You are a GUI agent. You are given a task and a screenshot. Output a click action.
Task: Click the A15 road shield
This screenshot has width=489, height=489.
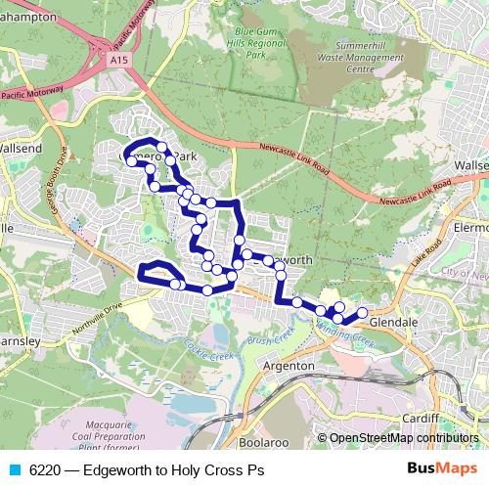(119, 60)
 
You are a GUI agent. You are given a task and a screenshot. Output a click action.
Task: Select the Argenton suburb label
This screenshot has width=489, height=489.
(289, 365)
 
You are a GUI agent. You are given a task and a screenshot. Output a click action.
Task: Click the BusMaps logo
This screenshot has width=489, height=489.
(442, 468)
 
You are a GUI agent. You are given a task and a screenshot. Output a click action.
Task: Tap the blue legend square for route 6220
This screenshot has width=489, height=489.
(14, 469)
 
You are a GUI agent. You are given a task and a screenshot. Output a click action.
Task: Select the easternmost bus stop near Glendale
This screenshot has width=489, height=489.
(362, 313)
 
